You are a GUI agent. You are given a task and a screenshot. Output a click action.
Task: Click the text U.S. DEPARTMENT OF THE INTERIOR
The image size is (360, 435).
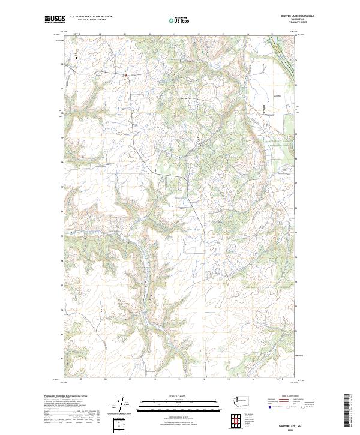(x=91, y=16)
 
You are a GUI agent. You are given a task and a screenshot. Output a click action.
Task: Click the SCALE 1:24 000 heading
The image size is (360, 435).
(x=179, y=396)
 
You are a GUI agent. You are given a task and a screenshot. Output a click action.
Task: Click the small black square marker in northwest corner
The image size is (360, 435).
(x=76, y=57)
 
